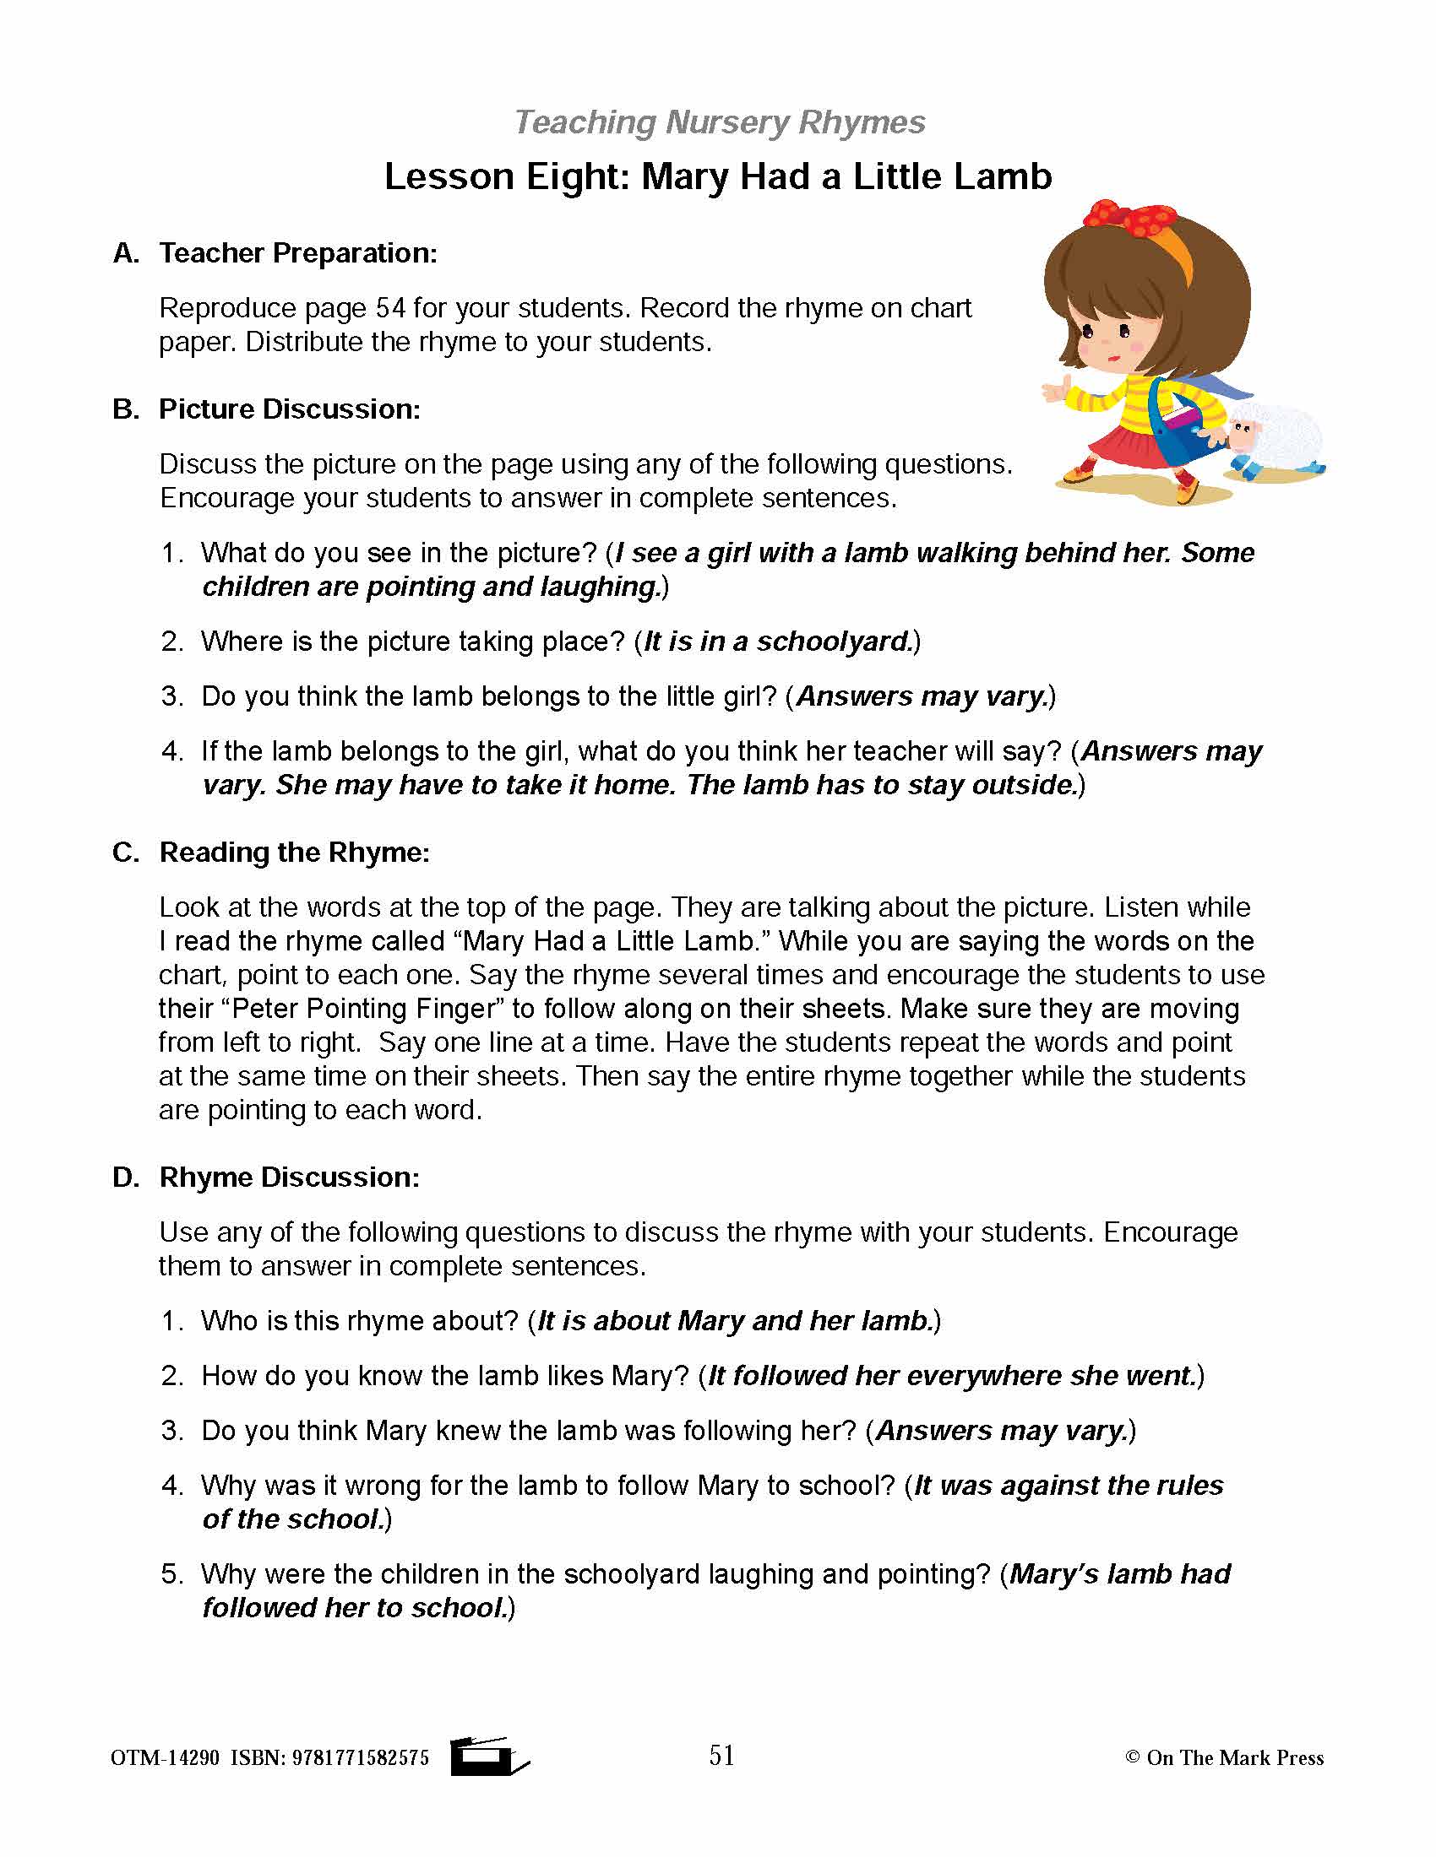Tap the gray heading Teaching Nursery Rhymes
point(719,122)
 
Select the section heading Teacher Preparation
point(297,252)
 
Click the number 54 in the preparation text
point(390,308)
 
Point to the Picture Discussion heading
point(289,409)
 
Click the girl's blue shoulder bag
point(1183,430)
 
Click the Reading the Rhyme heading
point(294,852)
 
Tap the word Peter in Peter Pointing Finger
point(264,1009)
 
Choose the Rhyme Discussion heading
point(289,1177)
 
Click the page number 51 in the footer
point(721,1755)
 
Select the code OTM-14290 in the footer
point(165,1758)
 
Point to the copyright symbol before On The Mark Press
point(1131,1757)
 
